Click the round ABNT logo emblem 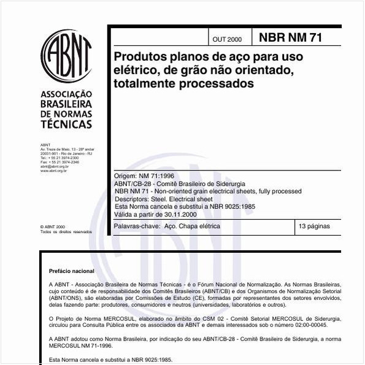click(66, 57)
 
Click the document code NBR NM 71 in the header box click(291, 37)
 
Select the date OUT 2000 click(227, 39)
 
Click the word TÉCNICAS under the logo click(66, 123)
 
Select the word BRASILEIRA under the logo click(66, 104)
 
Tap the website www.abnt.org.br click(54, 171)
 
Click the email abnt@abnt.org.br click(54, 166)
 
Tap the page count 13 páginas click(314, 226)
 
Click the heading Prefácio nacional click(72, 271)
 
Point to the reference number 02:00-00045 click(321, 326)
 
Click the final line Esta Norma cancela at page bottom click(111, 359)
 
